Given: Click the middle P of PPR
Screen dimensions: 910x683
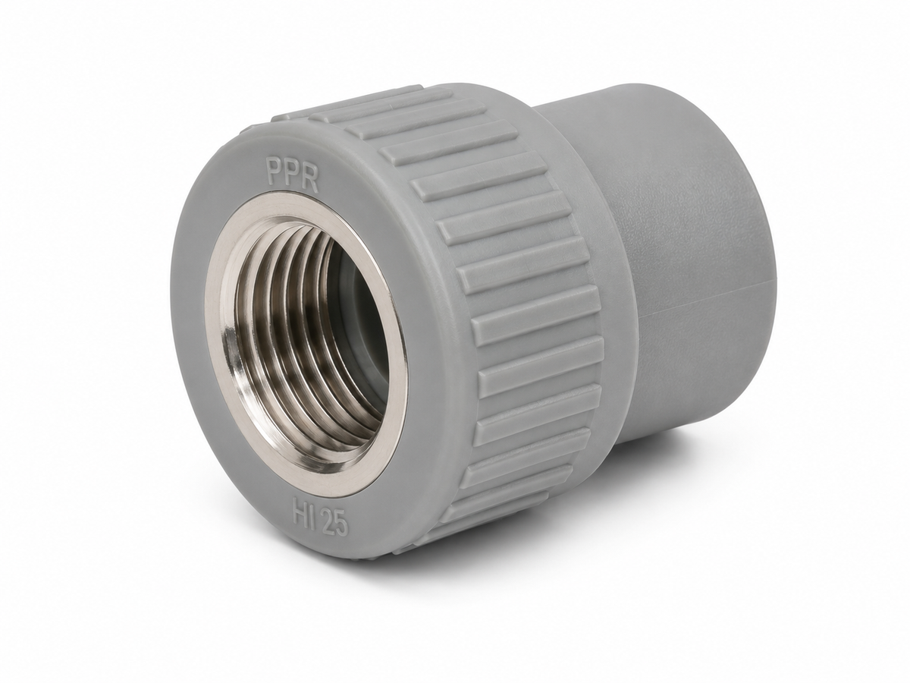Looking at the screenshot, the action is [291, 175].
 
